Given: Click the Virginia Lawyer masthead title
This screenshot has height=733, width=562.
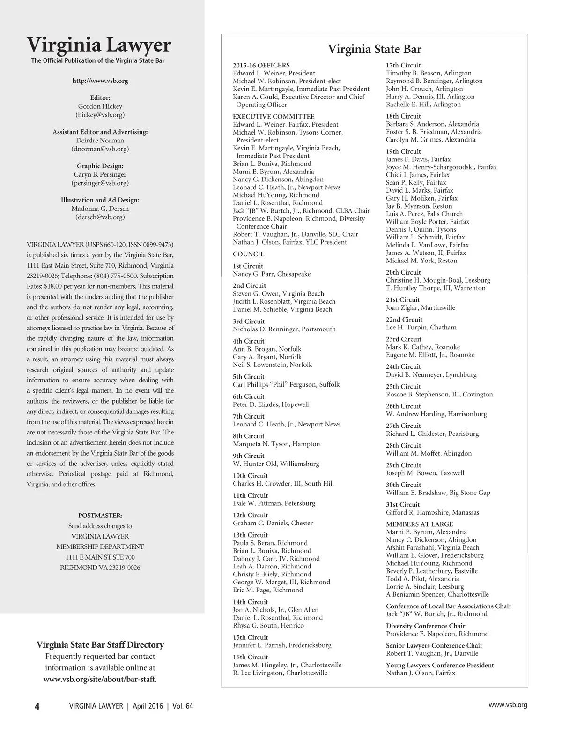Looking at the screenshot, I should (99, 45).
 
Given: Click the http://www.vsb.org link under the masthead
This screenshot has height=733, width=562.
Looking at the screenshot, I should (100, 81).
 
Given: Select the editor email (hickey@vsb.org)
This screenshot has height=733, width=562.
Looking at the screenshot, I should (100, 115).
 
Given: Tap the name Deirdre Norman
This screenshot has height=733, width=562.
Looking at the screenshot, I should (100, 141).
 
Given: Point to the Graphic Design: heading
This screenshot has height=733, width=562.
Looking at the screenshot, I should (100, 166).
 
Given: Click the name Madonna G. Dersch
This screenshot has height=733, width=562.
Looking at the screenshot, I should (100, 209).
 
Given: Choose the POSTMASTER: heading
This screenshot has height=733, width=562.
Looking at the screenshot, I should (100, 516).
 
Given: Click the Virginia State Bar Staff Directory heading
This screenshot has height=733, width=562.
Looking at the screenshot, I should (100, 645).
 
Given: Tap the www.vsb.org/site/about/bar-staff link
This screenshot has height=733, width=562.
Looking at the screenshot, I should (100, 679).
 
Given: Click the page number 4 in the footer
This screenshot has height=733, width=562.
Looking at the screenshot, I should (37, 706).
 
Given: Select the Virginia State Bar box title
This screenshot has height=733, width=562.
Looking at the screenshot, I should (374, 49).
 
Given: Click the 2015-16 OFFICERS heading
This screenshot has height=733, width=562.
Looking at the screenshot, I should (261, 66).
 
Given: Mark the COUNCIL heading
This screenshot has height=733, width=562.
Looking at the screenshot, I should (248, 254).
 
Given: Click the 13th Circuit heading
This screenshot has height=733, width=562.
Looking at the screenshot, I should (250, 535).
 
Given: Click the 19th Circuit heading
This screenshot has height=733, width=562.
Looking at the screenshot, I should (403, 152).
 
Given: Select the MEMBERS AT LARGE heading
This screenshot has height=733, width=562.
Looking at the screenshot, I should (419, 524).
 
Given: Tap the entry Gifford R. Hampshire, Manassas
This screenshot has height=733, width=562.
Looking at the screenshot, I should (432, 513).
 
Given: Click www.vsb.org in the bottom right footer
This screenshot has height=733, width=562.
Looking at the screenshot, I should (508, 705).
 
